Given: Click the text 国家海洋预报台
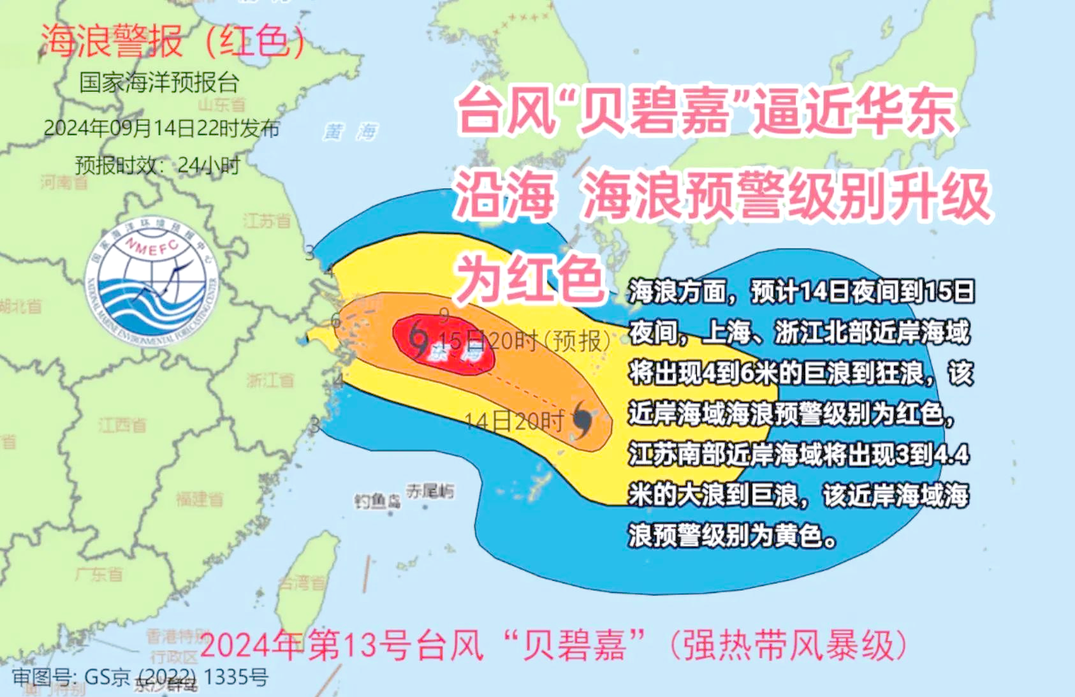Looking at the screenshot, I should click(159, 83).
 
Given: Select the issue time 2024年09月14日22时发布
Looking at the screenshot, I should click(161, 128).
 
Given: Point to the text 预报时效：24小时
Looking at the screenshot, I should click(157, 165).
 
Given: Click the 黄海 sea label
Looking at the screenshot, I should click(351, 132).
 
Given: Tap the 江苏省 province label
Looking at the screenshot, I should click(267, 221).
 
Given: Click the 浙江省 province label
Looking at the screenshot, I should click(270, 381).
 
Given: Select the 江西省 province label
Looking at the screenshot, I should click(122, 425).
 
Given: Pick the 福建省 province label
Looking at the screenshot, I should click(200, 499).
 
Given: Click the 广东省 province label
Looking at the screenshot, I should click(99, 575).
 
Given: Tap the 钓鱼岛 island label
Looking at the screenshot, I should click(377, 501).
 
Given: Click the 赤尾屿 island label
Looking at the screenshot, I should click(431, 491).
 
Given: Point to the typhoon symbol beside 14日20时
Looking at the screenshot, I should click(583, 420).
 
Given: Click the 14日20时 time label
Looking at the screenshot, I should click(514, 421).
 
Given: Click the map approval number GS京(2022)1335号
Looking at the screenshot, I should click(140, 677).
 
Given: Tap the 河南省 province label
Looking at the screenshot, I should click(64, 182).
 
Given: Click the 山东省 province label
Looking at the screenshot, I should click(221, 104).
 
